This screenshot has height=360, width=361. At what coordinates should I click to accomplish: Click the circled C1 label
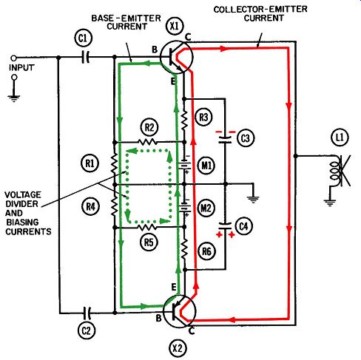83,38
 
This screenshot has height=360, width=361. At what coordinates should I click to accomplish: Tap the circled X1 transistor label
175,26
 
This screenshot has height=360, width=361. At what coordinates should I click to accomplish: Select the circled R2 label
149,128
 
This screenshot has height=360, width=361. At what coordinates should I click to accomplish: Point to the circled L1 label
340,137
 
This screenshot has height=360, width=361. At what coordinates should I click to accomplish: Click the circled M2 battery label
206,208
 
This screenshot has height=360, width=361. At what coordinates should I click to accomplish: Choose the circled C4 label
243,226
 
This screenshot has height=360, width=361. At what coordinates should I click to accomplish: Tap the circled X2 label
178,348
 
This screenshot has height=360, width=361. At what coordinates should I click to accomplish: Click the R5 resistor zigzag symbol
147,228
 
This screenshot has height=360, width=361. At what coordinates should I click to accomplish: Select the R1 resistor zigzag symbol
114,163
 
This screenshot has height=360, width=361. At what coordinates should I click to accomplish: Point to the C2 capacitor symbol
87,313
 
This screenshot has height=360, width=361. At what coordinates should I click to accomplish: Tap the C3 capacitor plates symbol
225,140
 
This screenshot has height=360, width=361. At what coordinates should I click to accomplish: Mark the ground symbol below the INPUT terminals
14,98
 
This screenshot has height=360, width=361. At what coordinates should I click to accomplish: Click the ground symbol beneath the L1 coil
330,203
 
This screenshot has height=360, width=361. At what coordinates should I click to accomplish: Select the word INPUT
21,67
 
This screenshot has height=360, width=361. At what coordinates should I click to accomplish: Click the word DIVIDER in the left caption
21,204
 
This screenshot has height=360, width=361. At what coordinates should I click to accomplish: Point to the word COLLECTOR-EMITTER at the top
260,10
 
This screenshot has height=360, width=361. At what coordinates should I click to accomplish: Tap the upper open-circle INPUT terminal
14,58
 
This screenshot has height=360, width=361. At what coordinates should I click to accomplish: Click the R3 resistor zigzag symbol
184,120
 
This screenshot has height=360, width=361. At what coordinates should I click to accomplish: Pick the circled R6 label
206,251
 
